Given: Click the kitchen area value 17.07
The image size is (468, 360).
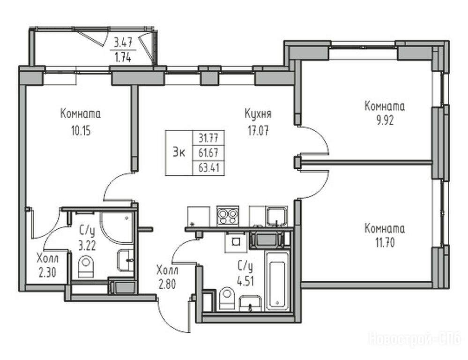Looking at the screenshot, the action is coord(258,131).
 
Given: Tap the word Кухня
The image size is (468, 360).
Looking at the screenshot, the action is coord(258,114).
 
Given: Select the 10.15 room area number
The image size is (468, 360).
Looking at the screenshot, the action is coord(81,131).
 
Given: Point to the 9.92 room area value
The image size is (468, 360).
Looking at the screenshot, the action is coord(385,120).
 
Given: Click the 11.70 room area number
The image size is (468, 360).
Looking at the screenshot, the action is coord(385,243).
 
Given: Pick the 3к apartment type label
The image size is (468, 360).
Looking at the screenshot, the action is coord(179,153).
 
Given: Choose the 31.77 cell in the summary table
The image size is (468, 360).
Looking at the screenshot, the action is coord(208,138).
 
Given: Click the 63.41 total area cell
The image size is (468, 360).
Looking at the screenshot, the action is coord(209,168).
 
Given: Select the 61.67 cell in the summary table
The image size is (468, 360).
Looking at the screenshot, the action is coord(208,153).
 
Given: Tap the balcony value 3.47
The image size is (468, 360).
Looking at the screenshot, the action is coord(123,42).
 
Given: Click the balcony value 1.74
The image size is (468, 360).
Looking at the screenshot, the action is coord(123,57).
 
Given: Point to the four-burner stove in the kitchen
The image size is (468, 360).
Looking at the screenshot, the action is coord(228,216).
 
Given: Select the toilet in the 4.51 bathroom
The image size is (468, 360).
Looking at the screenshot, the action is coord(227,298).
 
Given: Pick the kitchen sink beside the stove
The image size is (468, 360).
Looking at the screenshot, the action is coord(277,216).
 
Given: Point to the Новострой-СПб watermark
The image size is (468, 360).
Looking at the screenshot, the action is coord(415,339).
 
